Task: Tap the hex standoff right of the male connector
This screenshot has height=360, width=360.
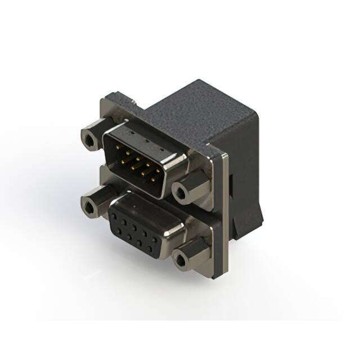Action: pyautogui.click(x=181, y=193)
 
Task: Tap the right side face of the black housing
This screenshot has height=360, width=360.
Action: pyautogui.click(x=247, y=169)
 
